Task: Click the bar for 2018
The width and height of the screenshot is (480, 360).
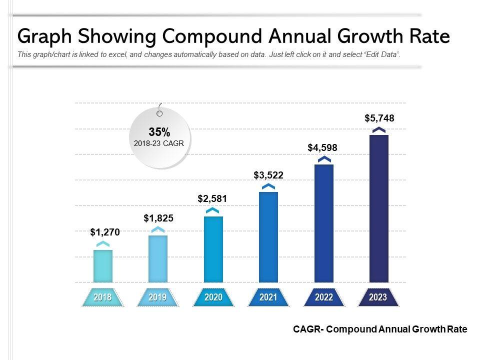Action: pyautogui.click(x=103, y=266)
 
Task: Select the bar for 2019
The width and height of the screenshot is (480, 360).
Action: pyautogui.click(x=158, y=258)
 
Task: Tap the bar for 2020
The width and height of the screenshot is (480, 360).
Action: pyautogui.click(x=213, y=249)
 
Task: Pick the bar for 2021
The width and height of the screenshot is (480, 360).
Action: pyautogui.click(x=268, y=237)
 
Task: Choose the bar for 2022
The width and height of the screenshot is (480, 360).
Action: pyautogui.click(x=324, y=223)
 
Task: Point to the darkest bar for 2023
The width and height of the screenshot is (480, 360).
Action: pyautogui.click(x=379, y=208)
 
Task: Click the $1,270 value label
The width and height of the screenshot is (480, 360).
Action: pyautogui.click(x=105, y=232)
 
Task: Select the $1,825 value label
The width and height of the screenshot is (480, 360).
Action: pyautogui.click(x=158, y=218)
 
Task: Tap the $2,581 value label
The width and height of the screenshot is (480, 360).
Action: pyautogui.click(x=212, y=198)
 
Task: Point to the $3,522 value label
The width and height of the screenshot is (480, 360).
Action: pyautogui.click(x=268, y=174)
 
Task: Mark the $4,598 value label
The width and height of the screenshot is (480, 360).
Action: pyautogui.click(x=322, y=147)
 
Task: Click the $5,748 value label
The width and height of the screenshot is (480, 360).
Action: pyautogui.click(x=379, y=118)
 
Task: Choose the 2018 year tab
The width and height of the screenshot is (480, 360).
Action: pyautogui.click(x=103, y=297)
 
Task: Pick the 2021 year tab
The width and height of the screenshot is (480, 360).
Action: pyautogui.click(x=268, y=297)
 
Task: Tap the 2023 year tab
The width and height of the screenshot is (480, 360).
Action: pyautogui.click(x=378, y=297)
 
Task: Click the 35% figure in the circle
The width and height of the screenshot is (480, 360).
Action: pyautogui.click(x=159, y=132)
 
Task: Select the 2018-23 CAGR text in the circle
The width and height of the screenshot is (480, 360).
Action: pyautogui.click(x=159, y=143)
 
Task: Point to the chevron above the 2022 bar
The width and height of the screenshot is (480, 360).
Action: pyautogui.click(x=324, y=159)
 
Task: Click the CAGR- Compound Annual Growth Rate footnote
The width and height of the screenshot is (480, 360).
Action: pyautogui.click(x=380, y=329)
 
